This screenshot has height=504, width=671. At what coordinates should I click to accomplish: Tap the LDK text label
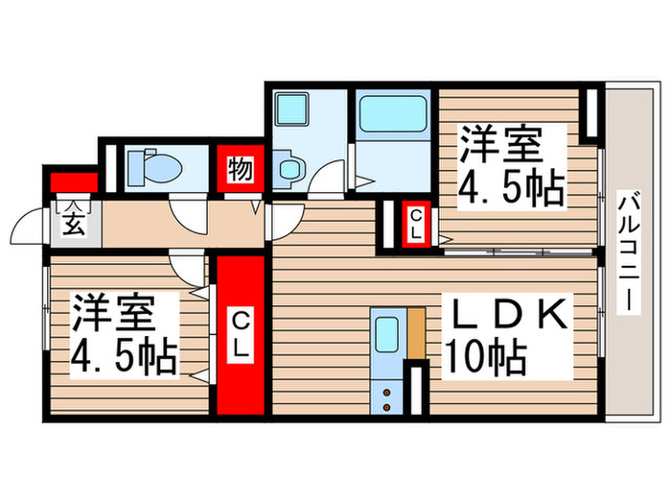point(505,315)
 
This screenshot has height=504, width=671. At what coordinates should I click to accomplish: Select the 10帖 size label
point(485,358)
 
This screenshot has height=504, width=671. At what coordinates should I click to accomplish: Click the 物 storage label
point(240,173)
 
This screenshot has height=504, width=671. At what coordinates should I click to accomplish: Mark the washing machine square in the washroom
point(289,108)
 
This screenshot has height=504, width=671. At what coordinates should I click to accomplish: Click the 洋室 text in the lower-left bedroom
point(113,313)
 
